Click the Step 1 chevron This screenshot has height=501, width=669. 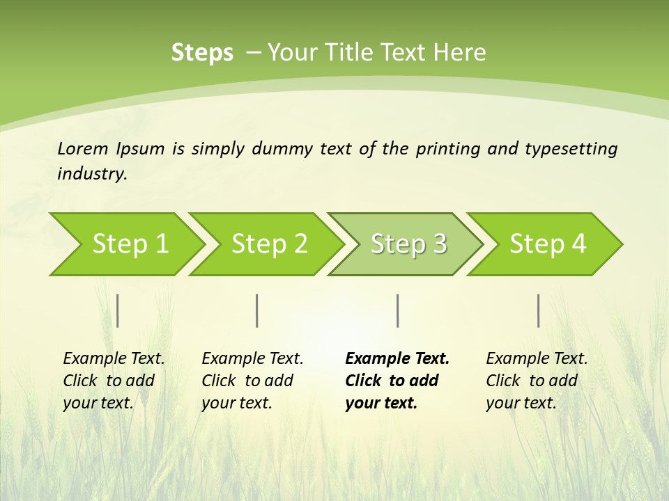tap(129, 244)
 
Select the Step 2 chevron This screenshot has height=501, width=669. tap(268, 244)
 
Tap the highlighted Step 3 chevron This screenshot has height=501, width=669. tap(408, 244)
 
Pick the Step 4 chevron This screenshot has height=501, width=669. tap(547, 244)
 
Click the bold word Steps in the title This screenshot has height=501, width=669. tap(202, 53)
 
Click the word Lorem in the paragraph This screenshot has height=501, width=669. tap(83, 148)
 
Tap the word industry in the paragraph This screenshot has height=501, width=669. tap(91, 173)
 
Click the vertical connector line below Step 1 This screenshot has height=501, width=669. tap(118, 310)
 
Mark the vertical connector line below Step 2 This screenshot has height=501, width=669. tap(257, 310)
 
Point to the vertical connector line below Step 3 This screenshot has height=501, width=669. tap(398, 310)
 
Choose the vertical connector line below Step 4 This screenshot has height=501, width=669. tap(539, 310)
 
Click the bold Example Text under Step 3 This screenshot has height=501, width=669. tap(397, 358)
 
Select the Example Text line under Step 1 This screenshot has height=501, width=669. tap(114, 358)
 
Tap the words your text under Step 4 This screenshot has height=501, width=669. tap(521, 403)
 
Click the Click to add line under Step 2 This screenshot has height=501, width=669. tap(247, 381)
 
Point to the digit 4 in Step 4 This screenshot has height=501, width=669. tap(578, 244)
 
